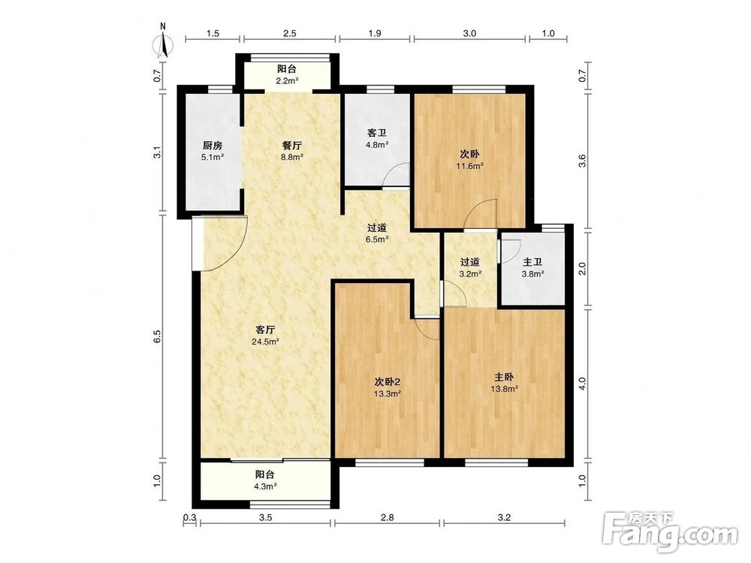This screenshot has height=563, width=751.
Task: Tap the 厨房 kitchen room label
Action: (x=213, y=146)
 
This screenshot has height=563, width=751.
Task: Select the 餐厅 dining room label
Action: (x=291, y=146)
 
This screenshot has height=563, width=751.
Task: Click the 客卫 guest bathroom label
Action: (x=377, y=133)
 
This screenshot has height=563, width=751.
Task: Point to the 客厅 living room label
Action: (x=265, y=330)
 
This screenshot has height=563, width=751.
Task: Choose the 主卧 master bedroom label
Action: (x=504, y=377)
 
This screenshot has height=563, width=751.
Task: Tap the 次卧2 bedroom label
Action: (x=387, y=382)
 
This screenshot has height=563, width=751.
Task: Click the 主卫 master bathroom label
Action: (x=532, y=262)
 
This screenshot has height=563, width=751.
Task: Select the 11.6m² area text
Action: (x=469, y=166)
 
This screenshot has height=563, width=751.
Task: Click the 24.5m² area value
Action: (x=265, y=342)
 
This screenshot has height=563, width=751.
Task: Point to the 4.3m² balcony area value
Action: (x=264, y=486)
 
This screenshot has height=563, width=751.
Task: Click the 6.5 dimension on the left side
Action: (x=157, y=336)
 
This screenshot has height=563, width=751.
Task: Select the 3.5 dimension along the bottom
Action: (x=265, y=517)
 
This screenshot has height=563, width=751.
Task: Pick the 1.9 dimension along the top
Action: (x=375, y=33)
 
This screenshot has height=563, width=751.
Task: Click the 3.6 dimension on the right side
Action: (x=583, y=161)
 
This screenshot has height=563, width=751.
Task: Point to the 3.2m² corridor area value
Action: (x=470, y=274)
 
